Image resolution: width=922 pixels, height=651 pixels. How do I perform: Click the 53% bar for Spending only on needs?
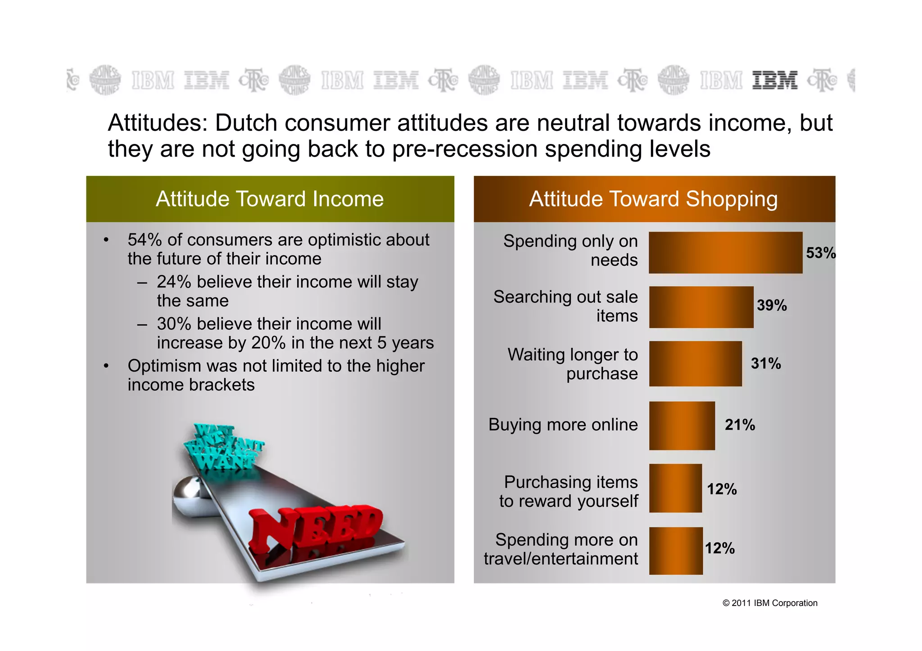coord(725,252)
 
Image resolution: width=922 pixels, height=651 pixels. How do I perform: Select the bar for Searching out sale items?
coord(701,307)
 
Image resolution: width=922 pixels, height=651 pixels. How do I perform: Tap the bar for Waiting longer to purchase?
coord(695,364)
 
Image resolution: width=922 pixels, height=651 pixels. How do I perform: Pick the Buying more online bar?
coord(682,426)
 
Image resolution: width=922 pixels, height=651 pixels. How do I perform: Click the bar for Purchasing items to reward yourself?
coord(675,488)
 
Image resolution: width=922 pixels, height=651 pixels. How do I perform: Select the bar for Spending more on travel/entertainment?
coord(675,551)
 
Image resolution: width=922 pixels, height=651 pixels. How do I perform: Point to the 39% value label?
coord(772,305)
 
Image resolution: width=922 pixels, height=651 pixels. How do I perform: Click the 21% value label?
coord(740,425)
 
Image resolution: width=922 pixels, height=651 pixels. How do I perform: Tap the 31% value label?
coord(766,364)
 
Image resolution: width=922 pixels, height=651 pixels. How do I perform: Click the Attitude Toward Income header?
coord(270,199)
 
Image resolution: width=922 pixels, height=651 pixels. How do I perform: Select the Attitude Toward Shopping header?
coord(653,199)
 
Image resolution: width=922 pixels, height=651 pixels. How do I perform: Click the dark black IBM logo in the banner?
coord(775,81)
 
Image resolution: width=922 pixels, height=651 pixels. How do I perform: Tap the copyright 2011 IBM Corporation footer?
coord(770,603)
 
